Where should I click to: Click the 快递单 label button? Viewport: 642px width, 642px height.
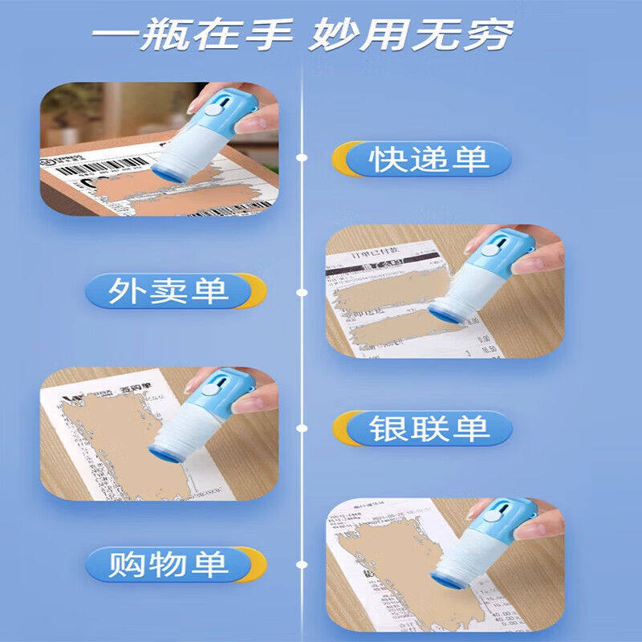point(429,159)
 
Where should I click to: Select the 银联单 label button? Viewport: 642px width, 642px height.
point(429,429)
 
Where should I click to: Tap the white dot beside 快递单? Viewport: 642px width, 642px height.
point(301,158)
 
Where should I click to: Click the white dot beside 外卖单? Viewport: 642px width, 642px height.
point(301,291)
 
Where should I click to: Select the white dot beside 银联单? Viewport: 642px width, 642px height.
point(301,428)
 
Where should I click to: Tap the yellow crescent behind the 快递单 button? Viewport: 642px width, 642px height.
point(344,159)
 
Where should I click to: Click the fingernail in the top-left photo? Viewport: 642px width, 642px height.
point(195,103)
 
